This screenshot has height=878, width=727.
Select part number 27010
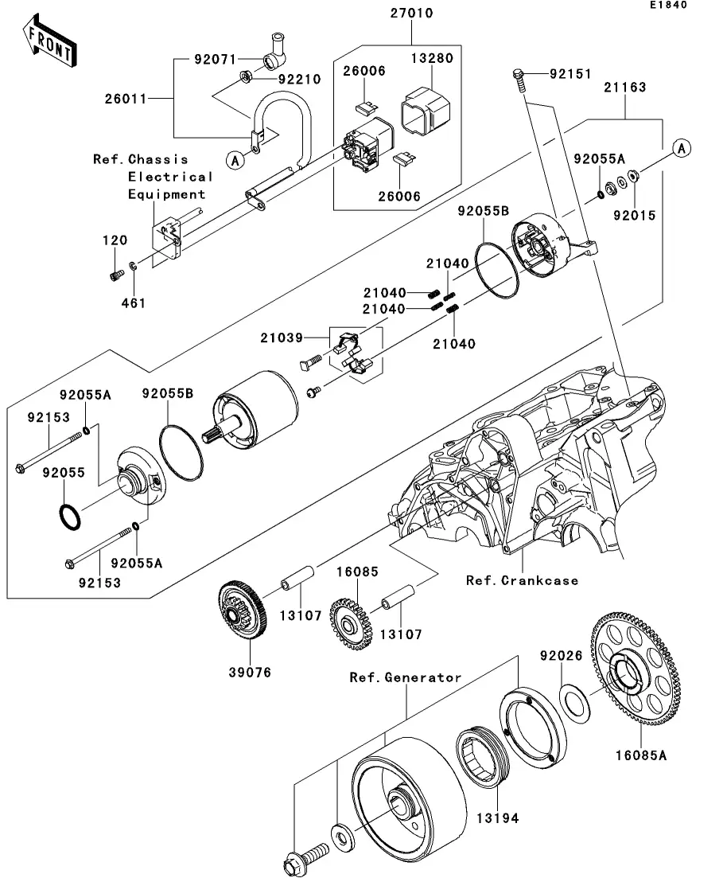(x=411, y=14)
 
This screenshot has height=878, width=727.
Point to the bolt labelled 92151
(x=519, y=76)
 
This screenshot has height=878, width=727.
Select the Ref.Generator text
(x=406, y=677)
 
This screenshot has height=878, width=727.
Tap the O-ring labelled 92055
(x=69, y=515)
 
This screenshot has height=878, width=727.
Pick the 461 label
(x=134, y=303)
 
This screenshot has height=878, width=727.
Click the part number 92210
(x=298, y=79)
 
